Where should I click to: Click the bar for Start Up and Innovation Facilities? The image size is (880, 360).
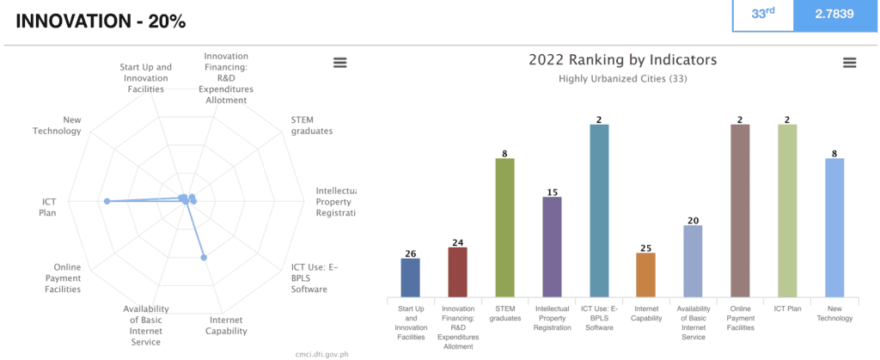click(x=410, y=276)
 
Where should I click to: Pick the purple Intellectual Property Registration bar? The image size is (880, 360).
click(x=552, y=246)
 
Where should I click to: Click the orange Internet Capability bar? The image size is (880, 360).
click(x=645, y=273)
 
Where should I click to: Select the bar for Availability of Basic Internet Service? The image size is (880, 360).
click(x=693, y=259)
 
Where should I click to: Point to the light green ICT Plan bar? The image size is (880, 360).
click(x=786, y=210)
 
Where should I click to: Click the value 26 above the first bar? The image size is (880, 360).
click(x=410, y=253)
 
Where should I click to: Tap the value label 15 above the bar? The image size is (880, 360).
click(x=552, y=192)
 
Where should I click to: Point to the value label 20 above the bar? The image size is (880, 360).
click(x=693, y=220)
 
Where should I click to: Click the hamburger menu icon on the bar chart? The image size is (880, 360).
click(x=849, y=63)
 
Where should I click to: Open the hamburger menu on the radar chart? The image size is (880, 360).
click(x=339, y=63)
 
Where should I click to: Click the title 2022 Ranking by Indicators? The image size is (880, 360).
click(x=622, y=60)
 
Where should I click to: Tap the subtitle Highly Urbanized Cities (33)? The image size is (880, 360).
click(x=622, y=79)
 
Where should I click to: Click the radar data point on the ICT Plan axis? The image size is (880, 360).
click(x=107, y=201)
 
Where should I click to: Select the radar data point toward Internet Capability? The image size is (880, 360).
click(x=204, y=257)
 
